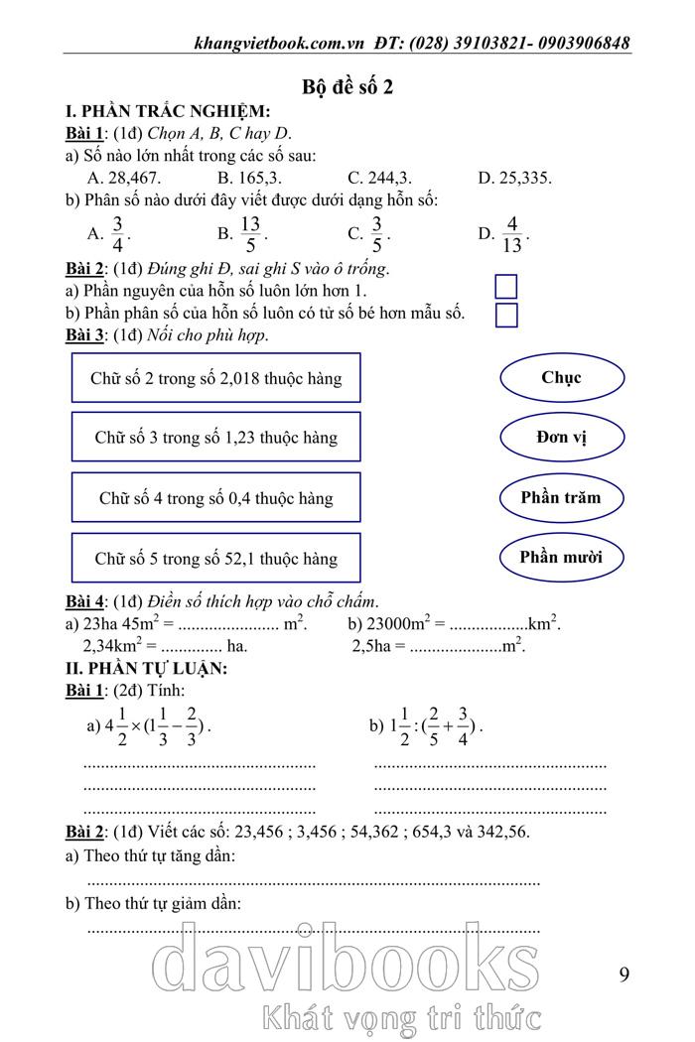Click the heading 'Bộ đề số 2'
pyautogui.click(x=347, y=86)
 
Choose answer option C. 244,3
pyautogui.click(x=379, y=178)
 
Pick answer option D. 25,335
pyautogui.click(x=514, y=178)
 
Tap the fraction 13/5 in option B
pyautogui.click(x=250, y=234)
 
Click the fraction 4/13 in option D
pyautogui.click(x=511, y=234)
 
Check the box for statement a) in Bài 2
pyautogui.click(x=506, y=287)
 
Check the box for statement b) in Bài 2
pyautogui.click(x=506, y=316)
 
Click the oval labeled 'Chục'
pyautogui.click(x=562, y=378)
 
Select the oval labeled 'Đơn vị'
pyautogui.click(x=562, y=438)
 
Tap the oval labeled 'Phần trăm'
pyautogui.click(x=562, y=498)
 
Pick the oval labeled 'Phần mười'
pyautogui.click(x=562, y=557)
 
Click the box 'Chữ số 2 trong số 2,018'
pyautogui.click(x=215, y=378)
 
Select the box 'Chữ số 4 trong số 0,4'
pyautogui.click(x=215, y=498)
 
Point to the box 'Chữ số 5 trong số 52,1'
pyautogui.click(x=215, y=558)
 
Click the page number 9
pyautogui.click(x=624, y=974)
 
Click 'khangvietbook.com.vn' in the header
pyautogui.click(x=281, y=43)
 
